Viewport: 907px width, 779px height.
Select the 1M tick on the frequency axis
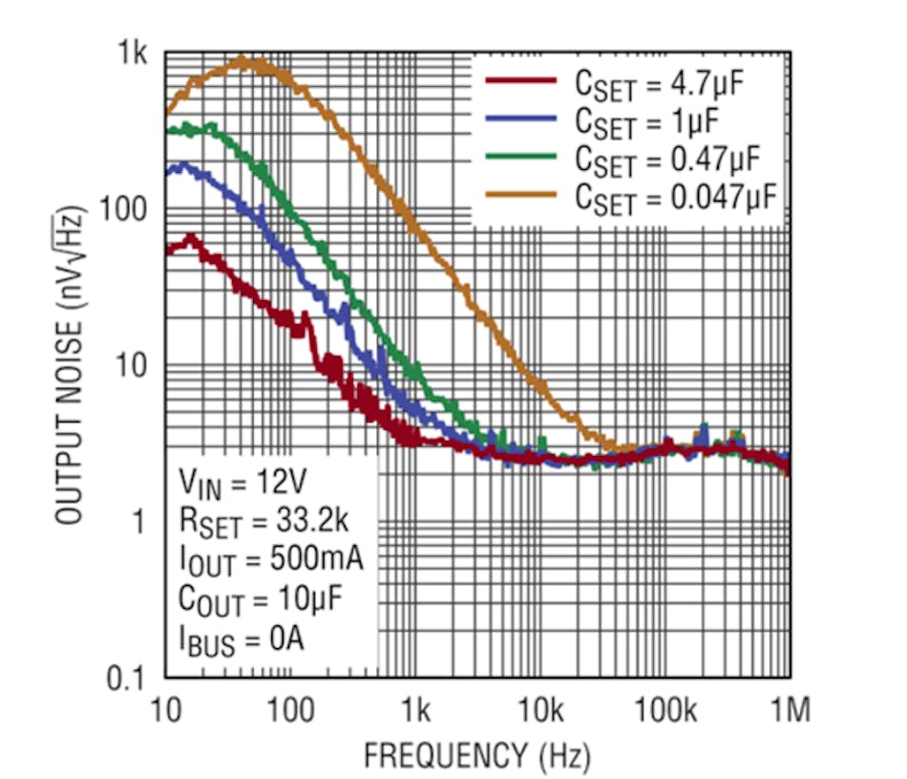(790, 709)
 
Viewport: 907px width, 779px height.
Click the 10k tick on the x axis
(540, 709)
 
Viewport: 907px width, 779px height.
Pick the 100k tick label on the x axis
(664, 709)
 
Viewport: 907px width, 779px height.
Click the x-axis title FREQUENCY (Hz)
(476, 756)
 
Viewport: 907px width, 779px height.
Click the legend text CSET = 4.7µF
(659, 82)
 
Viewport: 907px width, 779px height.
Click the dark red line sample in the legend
(520, 81)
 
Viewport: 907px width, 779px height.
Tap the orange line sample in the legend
(520, 195)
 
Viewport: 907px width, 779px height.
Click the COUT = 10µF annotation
(261, 599)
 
